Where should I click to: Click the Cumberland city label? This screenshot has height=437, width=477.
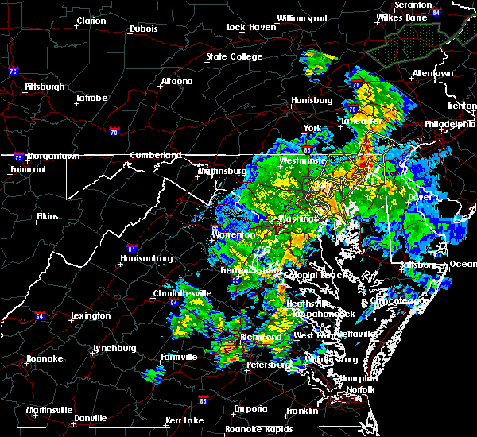[x=156, y=155]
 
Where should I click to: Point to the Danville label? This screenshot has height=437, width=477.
[x=91, y=418]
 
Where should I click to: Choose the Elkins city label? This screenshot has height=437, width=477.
[x=50, y=216]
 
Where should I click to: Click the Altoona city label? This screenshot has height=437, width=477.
[x=176, y=81]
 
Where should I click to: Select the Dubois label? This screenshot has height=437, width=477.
[x=142, y=32]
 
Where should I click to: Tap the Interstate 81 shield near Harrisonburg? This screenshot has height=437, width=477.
[x=132, y=226]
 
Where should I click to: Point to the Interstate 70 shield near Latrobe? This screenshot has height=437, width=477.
[x=114, y=131]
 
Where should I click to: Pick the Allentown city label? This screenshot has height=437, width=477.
[x=432, y=73]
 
